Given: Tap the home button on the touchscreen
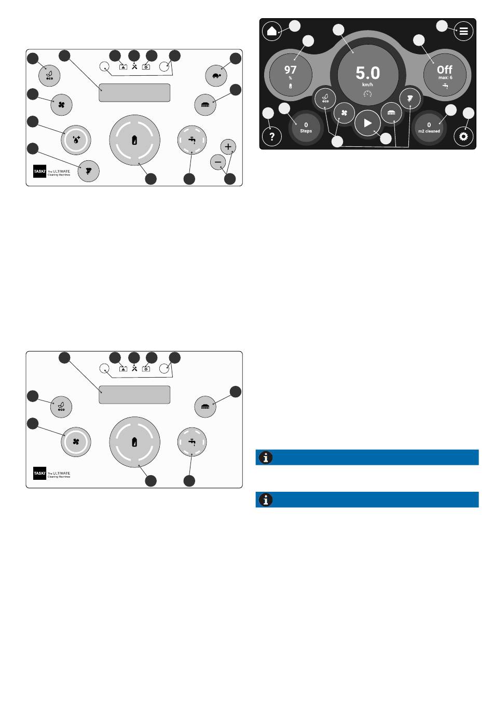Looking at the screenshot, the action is pyautogui.click(x=271, y=31).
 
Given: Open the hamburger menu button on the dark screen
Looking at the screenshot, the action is pyautogui.click(x=463, y=31).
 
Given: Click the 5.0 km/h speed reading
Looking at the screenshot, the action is pyautogui.click(x=367, y=73).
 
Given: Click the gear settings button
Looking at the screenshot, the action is pyautogui.click(x=463, y=137).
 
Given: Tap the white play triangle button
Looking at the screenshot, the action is pyautogui.click(x=367, y=123).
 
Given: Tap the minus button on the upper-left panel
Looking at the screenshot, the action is pyautogui.click(x=218, y=162).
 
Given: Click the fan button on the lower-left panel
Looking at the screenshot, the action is pyautogui.click(x=76, y=442).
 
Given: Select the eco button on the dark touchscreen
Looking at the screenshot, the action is pyautogui.click(x=326, y=97).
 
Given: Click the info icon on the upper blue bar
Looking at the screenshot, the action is pyautogui.click(x=266, y=458).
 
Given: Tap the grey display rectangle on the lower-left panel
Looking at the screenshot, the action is pyautogui.click(x=134, y=395).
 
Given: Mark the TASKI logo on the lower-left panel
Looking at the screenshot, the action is pyautogui.click(x=40, y=473).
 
